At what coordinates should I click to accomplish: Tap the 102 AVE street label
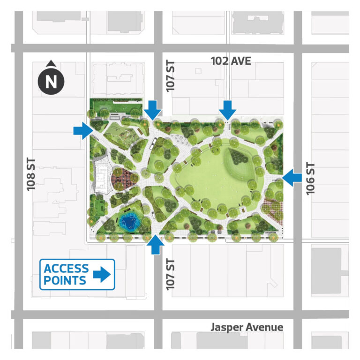231,61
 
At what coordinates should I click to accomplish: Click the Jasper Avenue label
247,327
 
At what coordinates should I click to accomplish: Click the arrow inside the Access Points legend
103,275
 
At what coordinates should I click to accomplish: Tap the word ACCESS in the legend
66,269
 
